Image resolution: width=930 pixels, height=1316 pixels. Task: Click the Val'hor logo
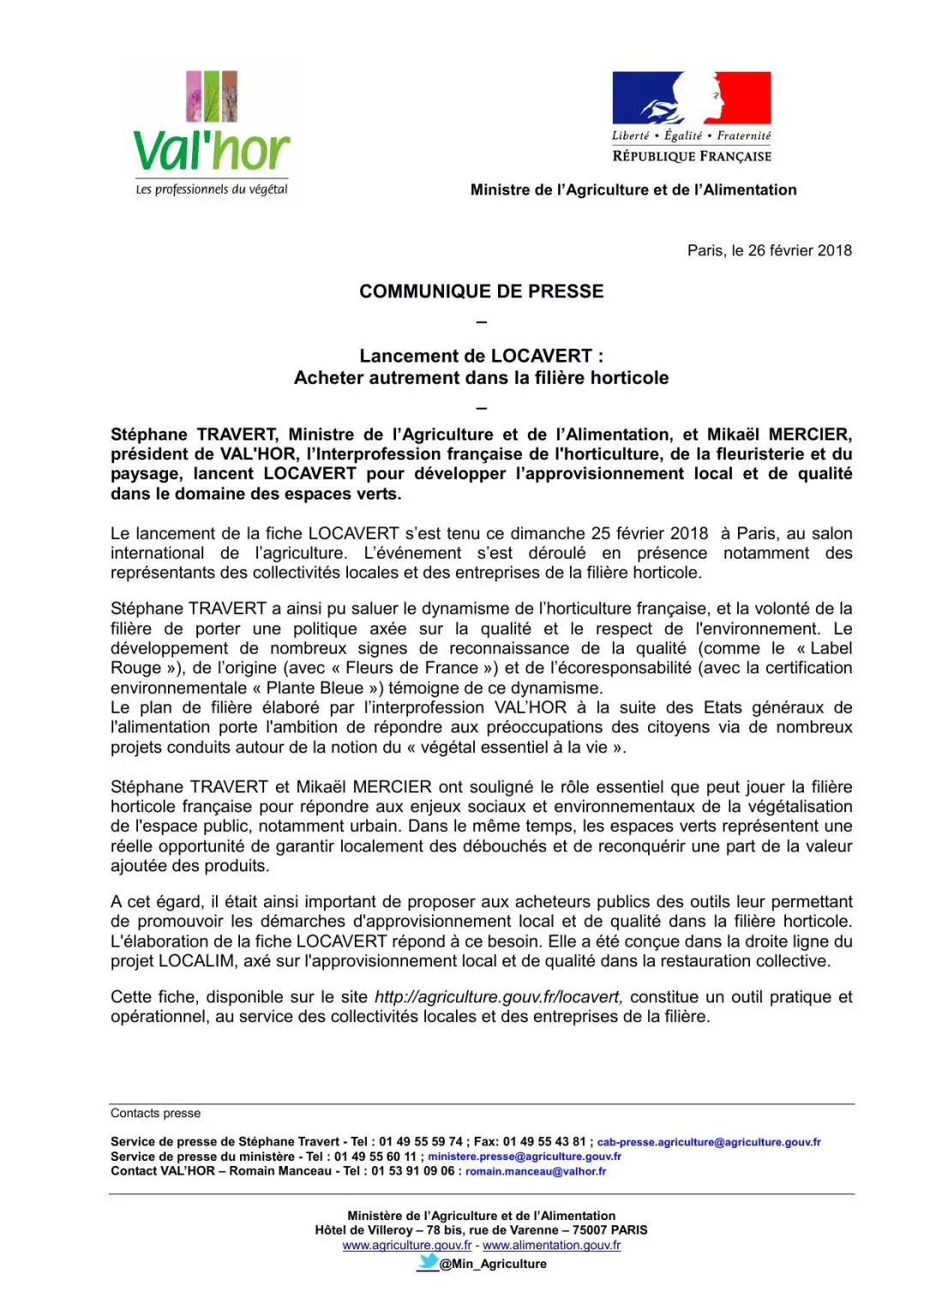[212, 129]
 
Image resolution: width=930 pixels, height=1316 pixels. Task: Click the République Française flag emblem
[691, 99]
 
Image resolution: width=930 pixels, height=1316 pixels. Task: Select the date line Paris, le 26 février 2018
[769, 250]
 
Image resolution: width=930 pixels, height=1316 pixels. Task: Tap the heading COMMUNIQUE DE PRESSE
[481, 291]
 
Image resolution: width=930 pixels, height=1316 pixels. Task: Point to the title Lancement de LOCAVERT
[481, 356]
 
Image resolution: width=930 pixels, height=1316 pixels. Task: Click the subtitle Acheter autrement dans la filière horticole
[481, 378]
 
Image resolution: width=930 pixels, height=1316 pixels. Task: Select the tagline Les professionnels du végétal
[212, 189]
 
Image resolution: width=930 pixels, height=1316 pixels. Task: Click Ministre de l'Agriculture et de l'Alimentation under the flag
[633, 190]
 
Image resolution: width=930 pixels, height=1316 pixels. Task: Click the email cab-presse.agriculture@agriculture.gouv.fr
[709, 1142]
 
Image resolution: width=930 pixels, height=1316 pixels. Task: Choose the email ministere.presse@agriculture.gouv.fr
[525, 1157]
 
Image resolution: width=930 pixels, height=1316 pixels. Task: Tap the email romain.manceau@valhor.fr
[536, 1171]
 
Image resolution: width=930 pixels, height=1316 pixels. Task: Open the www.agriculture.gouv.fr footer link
[407, 1245]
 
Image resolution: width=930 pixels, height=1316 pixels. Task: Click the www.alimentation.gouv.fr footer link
[552, 1245]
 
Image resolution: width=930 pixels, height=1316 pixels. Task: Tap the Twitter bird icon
[428, 1263]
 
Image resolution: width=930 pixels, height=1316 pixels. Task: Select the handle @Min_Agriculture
[493, 1264]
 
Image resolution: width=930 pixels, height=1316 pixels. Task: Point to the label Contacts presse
[155, 1113]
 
